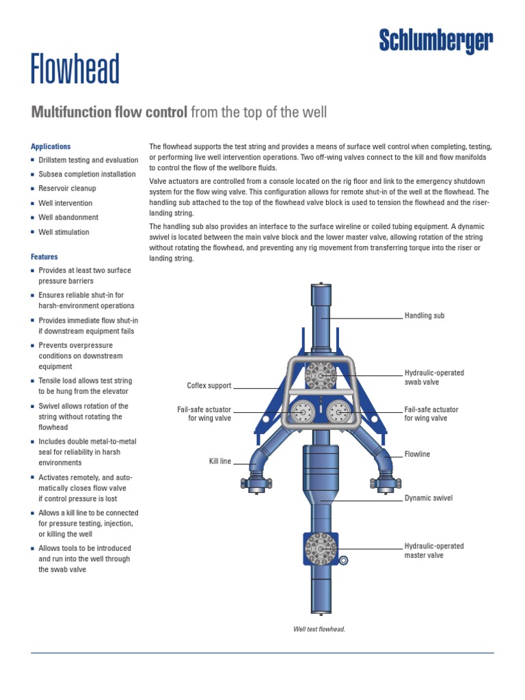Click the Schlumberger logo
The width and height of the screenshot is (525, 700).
436,41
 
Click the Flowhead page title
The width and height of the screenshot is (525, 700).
75,69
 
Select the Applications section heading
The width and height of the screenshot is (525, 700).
51,146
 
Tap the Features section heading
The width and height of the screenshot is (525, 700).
44,257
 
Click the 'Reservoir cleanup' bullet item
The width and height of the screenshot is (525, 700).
67,189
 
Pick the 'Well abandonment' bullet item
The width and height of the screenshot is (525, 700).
68,217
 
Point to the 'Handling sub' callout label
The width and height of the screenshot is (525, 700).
425,316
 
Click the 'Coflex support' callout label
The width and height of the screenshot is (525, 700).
209,386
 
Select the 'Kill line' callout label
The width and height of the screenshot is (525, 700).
220,461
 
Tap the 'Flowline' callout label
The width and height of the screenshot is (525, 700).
417,455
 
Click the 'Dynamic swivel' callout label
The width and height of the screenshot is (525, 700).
429,498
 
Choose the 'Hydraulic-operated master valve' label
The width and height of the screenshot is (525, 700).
434,551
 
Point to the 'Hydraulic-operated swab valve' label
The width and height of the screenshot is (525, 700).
434,377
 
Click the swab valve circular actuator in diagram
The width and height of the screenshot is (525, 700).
321,376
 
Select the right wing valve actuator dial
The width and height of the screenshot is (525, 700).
339,412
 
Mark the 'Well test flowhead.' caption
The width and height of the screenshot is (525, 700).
319,629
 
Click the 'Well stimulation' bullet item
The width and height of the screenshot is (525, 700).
64,232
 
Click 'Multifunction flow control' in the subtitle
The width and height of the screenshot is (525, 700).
109,112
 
